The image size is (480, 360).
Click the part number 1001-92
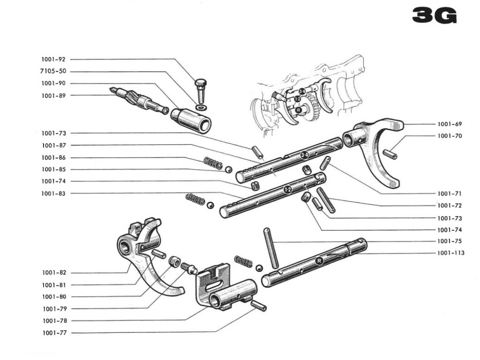[x=53, y=60]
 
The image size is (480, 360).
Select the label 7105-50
[x=53, y=71]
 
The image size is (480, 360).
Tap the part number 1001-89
[x=53, y=96]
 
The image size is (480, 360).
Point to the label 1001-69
[x=450, y=124]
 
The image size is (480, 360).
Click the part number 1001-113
[x=451, y=253]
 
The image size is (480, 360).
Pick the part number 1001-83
[x=53, y=193]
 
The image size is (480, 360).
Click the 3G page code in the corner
[x=434, y=16]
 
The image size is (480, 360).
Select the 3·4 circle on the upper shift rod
[x=304, y=154]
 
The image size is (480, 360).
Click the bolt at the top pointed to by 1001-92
[x=200, y=89]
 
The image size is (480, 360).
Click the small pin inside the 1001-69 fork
[x=390, y=154]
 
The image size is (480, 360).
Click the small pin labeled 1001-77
[x=259, y=306]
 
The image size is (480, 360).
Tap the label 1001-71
[x=450, y=193]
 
